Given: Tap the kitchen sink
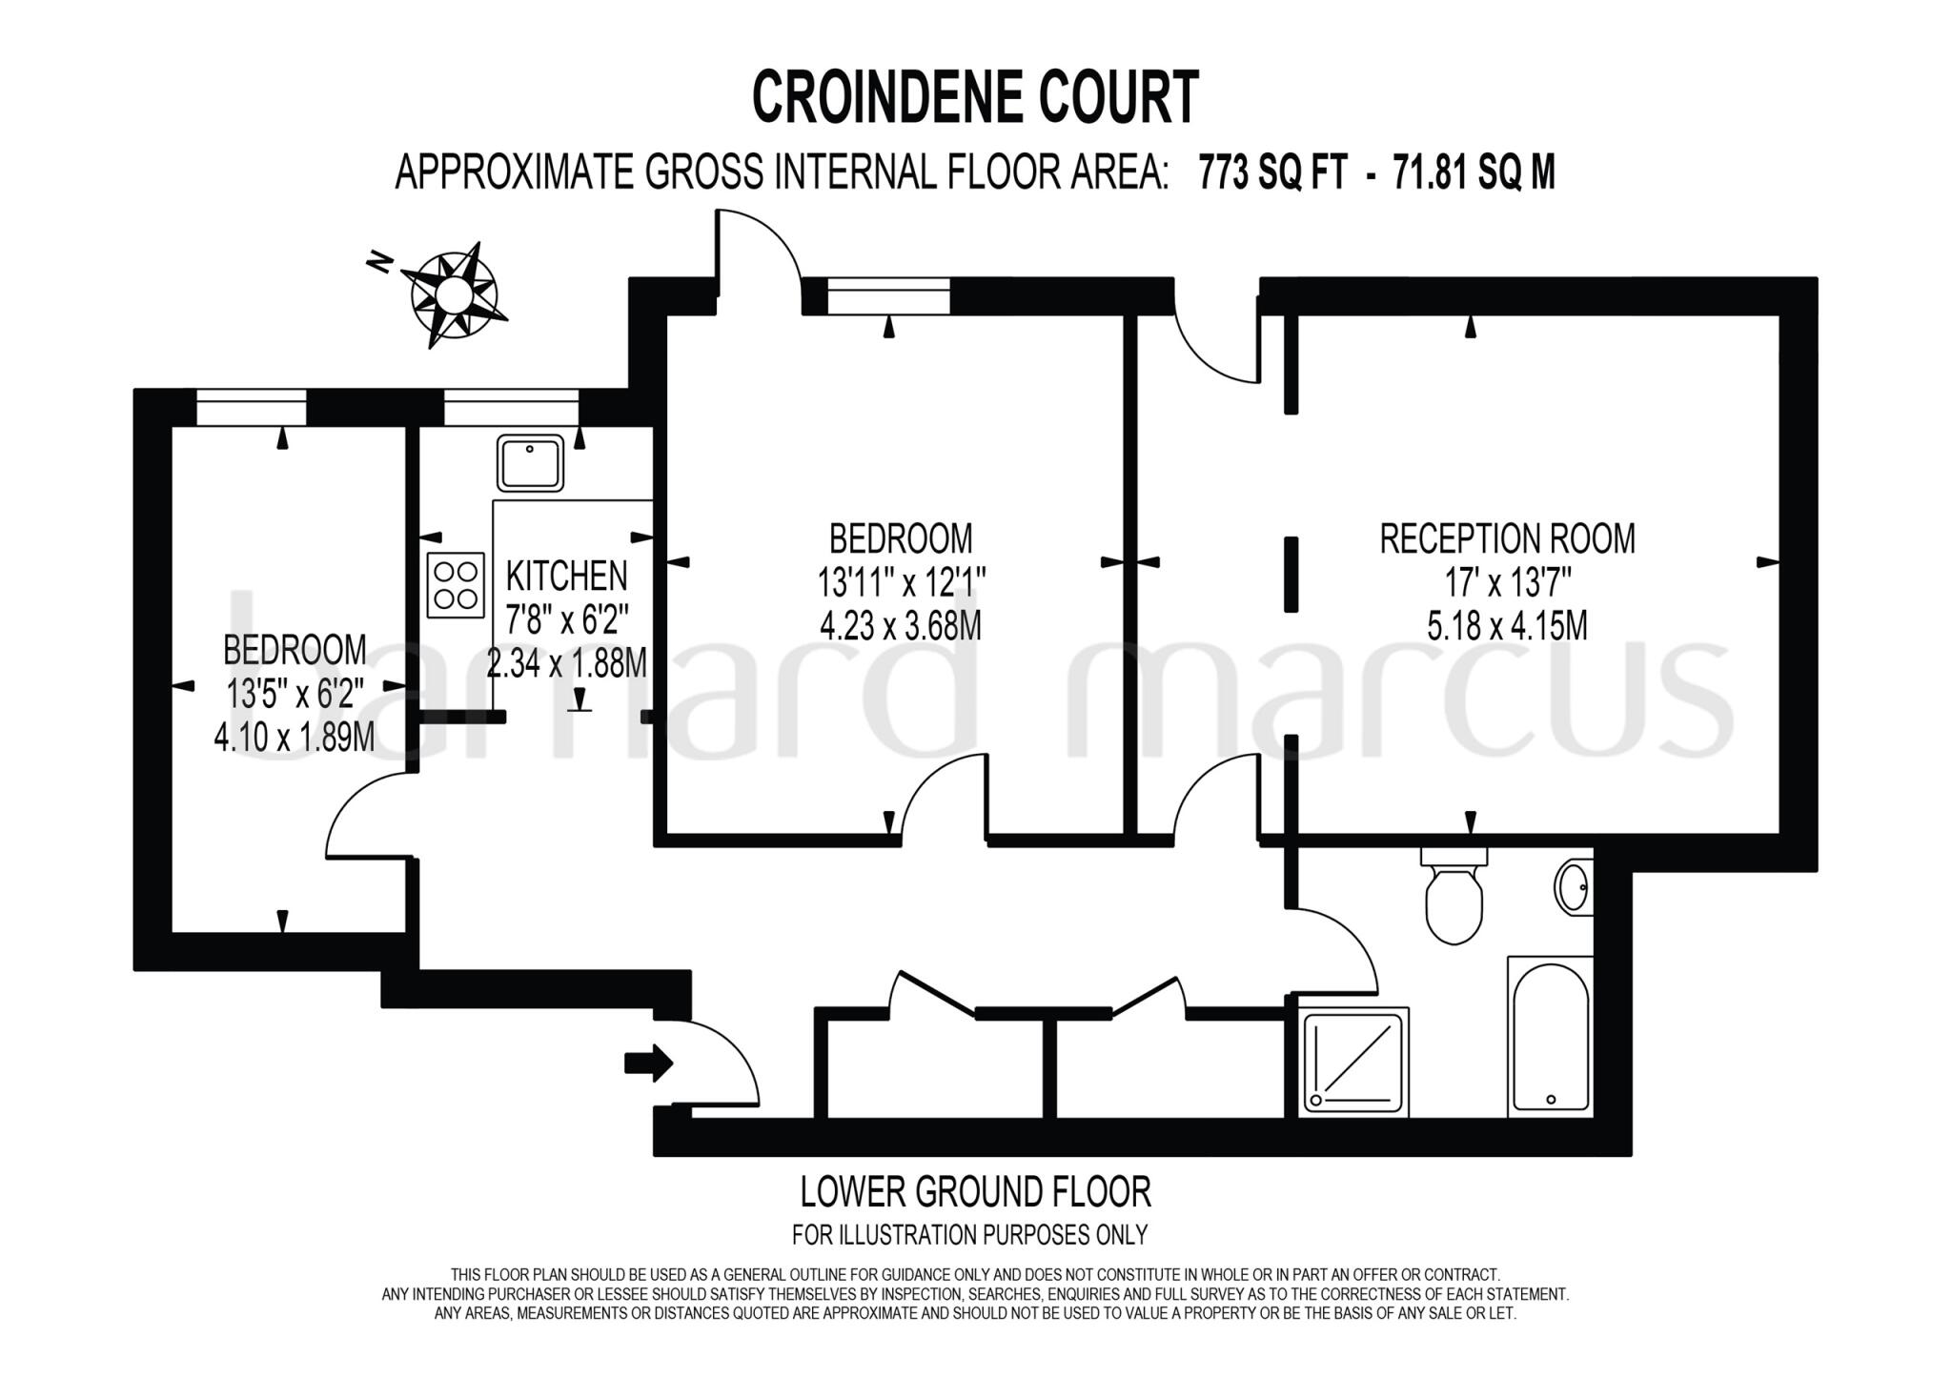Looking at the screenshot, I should [x=530, y=463].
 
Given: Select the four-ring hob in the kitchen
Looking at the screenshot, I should [x=456, y=585].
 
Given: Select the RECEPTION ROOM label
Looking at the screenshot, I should [x=1507, y=539].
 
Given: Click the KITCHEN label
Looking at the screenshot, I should [x=566, y=577].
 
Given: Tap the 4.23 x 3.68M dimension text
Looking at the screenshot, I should [x=900, y=626].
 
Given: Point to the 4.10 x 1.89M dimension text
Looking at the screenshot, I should [x=294, y=737].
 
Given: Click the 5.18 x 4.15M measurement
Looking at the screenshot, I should [x=1507, y=626].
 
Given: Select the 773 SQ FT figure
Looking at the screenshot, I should [x=1272, y=173].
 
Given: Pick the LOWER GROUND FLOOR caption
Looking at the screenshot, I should [x=975, y=1191].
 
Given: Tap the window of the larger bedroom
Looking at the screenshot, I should [x=888, y=295].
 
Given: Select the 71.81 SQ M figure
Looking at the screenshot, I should [x=1474, y=173].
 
